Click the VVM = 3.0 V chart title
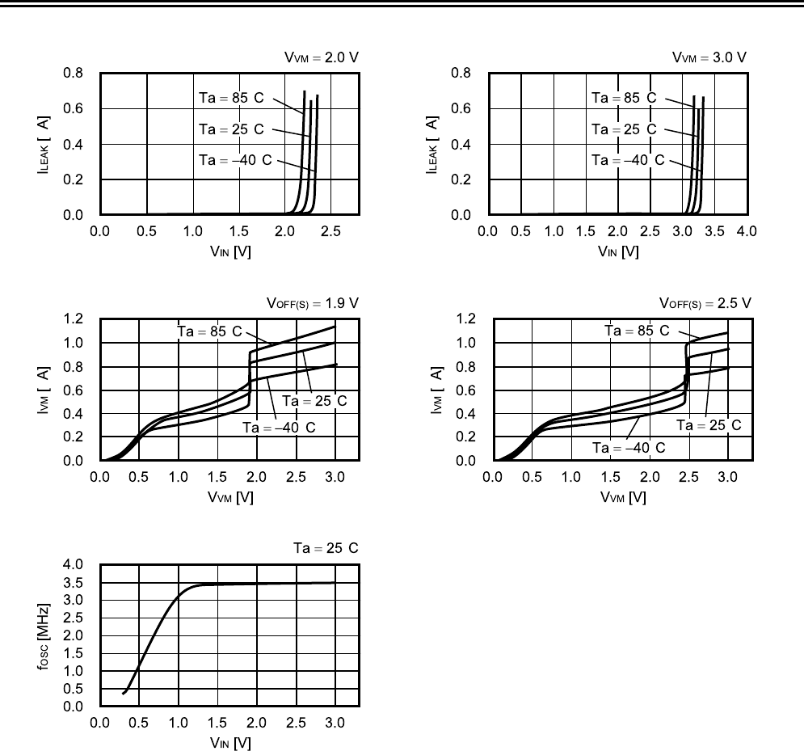(710, 57)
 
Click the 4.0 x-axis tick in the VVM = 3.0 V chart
(747, 231)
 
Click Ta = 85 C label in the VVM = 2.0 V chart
(232, 98)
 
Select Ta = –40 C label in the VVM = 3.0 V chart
(628, 160)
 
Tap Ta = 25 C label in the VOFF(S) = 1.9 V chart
(314, 401)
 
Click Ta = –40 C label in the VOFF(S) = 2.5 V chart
(628, 447)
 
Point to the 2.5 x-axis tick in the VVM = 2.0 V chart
(330, 231)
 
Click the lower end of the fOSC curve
(124, 694)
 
